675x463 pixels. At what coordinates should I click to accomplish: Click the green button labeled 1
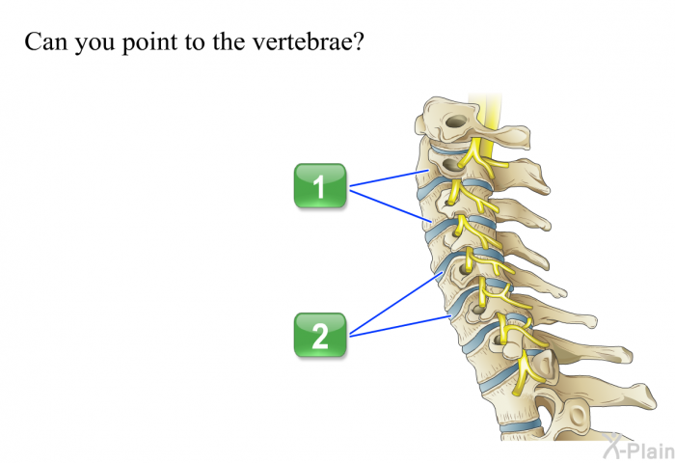(320, 186)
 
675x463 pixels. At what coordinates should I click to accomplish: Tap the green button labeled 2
(320, 335)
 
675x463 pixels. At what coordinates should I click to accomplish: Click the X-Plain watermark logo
(638, 447)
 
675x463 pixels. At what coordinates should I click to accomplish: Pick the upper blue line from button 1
(390, 178)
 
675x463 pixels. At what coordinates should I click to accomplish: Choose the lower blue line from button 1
(391, 206)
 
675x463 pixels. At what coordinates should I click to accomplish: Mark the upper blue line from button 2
(396, 303)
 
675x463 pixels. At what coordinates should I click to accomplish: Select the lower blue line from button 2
(400, 326)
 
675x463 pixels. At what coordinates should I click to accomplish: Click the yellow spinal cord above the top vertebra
(486, 109)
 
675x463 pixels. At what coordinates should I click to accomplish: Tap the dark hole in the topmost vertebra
(456, 122)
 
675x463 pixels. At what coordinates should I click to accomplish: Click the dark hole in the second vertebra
(451, 165)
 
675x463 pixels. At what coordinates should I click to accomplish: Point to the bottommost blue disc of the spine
(521, 426)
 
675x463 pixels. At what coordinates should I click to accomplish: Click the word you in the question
(94, 44)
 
